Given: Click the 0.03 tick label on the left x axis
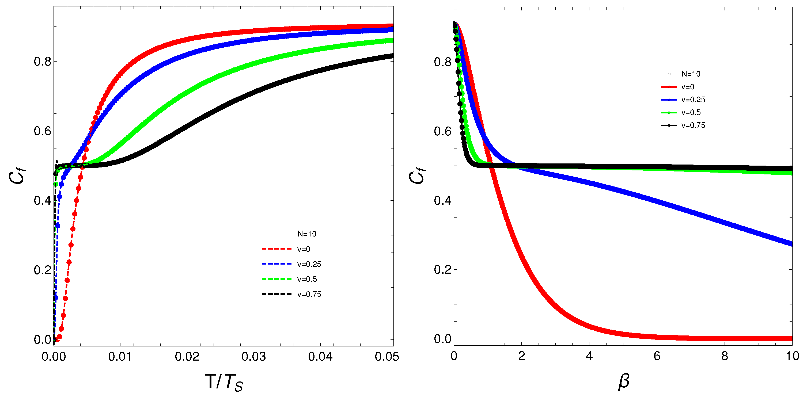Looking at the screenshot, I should coord(253,357).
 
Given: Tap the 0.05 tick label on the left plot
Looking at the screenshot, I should coord(387,357).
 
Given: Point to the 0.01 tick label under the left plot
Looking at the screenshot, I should coord(120,357).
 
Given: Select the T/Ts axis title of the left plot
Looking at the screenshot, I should coord(224,382).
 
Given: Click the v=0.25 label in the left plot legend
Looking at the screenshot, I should coord(309,264).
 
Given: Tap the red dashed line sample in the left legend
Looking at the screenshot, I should coord(276,249).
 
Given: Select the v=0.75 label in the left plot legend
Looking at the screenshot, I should coord(309,294).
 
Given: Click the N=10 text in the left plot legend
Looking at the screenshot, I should coord(307,234).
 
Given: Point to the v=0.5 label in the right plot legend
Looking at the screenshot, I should coord(691,112).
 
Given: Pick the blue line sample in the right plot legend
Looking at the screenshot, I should coord(669,100).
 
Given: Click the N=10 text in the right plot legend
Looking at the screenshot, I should coord(691,74).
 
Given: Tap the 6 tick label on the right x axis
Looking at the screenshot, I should coord(657,356).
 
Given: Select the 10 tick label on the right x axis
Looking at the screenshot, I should coord(792,356).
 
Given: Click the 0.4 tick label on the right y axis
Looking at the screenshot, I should coord(442,200).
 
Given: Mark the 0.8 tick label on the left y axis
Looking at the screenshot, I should coord(42,62).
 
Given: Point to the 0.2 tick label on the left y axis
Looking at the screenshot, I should coord(42,270).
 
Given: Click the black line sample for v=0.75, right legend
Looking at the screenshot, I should coord(669,125).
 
